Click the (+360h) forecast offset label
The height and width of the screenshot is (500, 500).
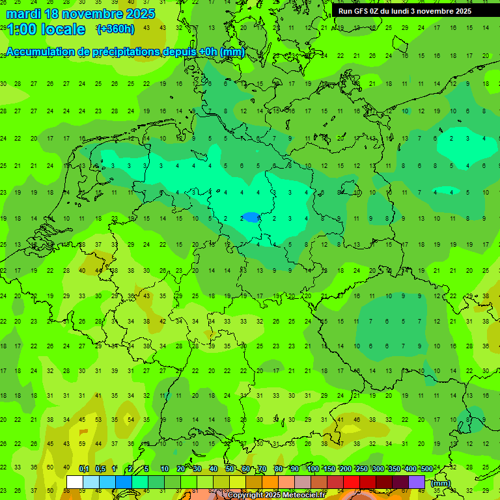115,29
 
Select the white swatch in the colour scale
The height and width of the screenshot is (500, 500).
74,482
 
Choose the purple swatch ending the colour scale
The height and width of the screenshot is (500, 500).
417,482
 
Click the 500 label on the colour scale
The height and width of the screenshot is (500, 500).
426,469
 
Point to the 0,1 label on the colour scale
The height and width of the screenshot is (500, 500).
84,469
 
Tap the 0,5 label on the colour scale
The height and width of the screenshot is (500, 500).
100,469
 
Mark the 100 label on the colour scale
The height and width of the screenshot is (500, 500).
312,469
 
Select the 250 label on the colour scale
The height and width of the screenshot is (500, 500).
361,469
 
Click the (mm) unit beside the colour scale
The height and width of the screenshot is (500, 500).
440,483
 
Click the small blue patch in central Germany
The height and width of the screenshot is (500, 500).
249,216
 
